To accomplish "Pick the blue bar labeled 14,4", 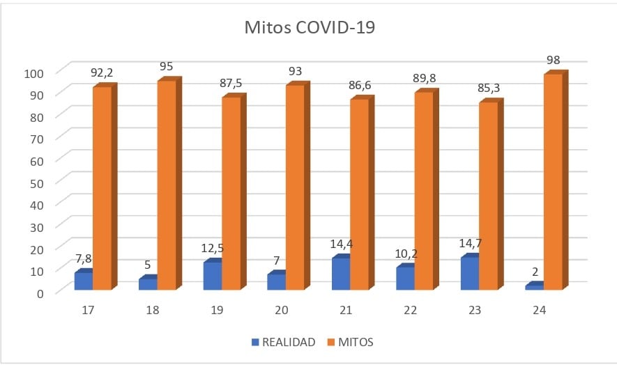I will tap(341, 273).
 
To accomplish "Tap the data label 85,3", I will tap(489, 88).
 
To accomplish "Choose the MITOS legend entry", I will tap(355, 342).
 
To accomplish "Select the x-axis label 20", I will tap(282, 310).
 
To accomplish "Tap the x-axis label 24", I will tap(539, 310).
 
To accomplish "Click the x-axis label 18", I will tap(153, 310).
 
